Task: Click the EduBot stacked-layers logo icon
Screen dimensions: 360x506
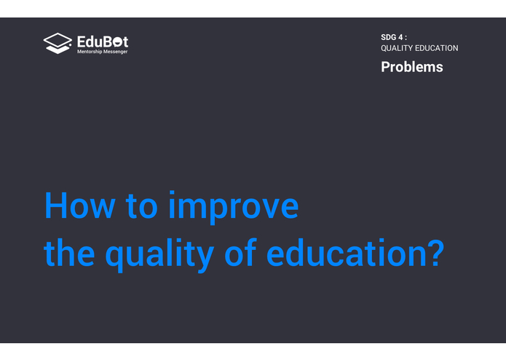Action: click(x=58, y=43)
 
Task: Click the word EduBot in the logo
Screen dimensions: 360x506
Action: click(x=103, y=41)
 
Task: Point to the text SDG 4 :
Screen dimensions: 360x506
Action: click(x=394, y=36)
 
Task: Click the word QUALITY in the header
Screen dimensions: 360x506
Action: click(x=397, y=48)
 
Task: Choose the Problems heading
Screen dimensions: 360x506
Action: click(x=411, y=67)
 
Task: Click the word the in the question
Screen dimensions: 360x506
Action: click(x=68, y=252)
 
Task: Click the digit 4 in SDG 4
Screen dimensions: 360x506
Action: click(x=400, y=36)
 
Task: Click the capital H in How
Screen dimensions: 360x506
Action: click(x=56, y=206)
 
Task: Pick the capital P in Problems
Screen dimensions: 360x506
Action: click(x=386, y=67)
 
